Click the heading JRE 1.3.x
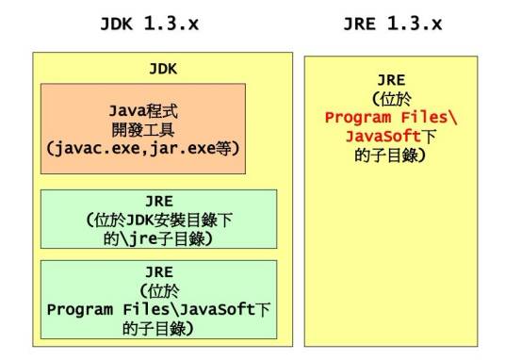tap(392, 24)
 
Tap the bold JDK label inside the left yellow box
tap(163, 69)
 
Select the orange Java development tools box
tap(143, 128)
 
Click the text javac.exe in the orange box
tap(96, 148)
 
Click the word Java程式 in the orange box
tap(144, 110)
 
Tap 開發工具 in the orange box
tap(144, 128)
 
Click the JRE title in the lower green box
tap(158, 273)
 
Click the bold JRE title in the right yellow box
tap(391, 82)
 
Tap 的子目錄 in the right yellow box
tap(392, 154)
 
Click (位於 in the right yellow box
tap(391, 100)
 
